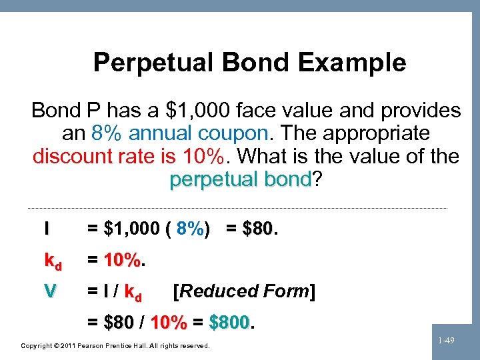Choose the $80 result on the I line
[x=258, y=229]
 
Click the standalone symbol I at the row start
[x=47, y=229]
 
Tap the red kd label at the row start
[x=52, y=262]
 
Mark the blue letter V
[x=50, y=291]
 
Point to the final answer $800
[x=229, y=323]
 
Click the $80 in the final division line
[x=120, y=323]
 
